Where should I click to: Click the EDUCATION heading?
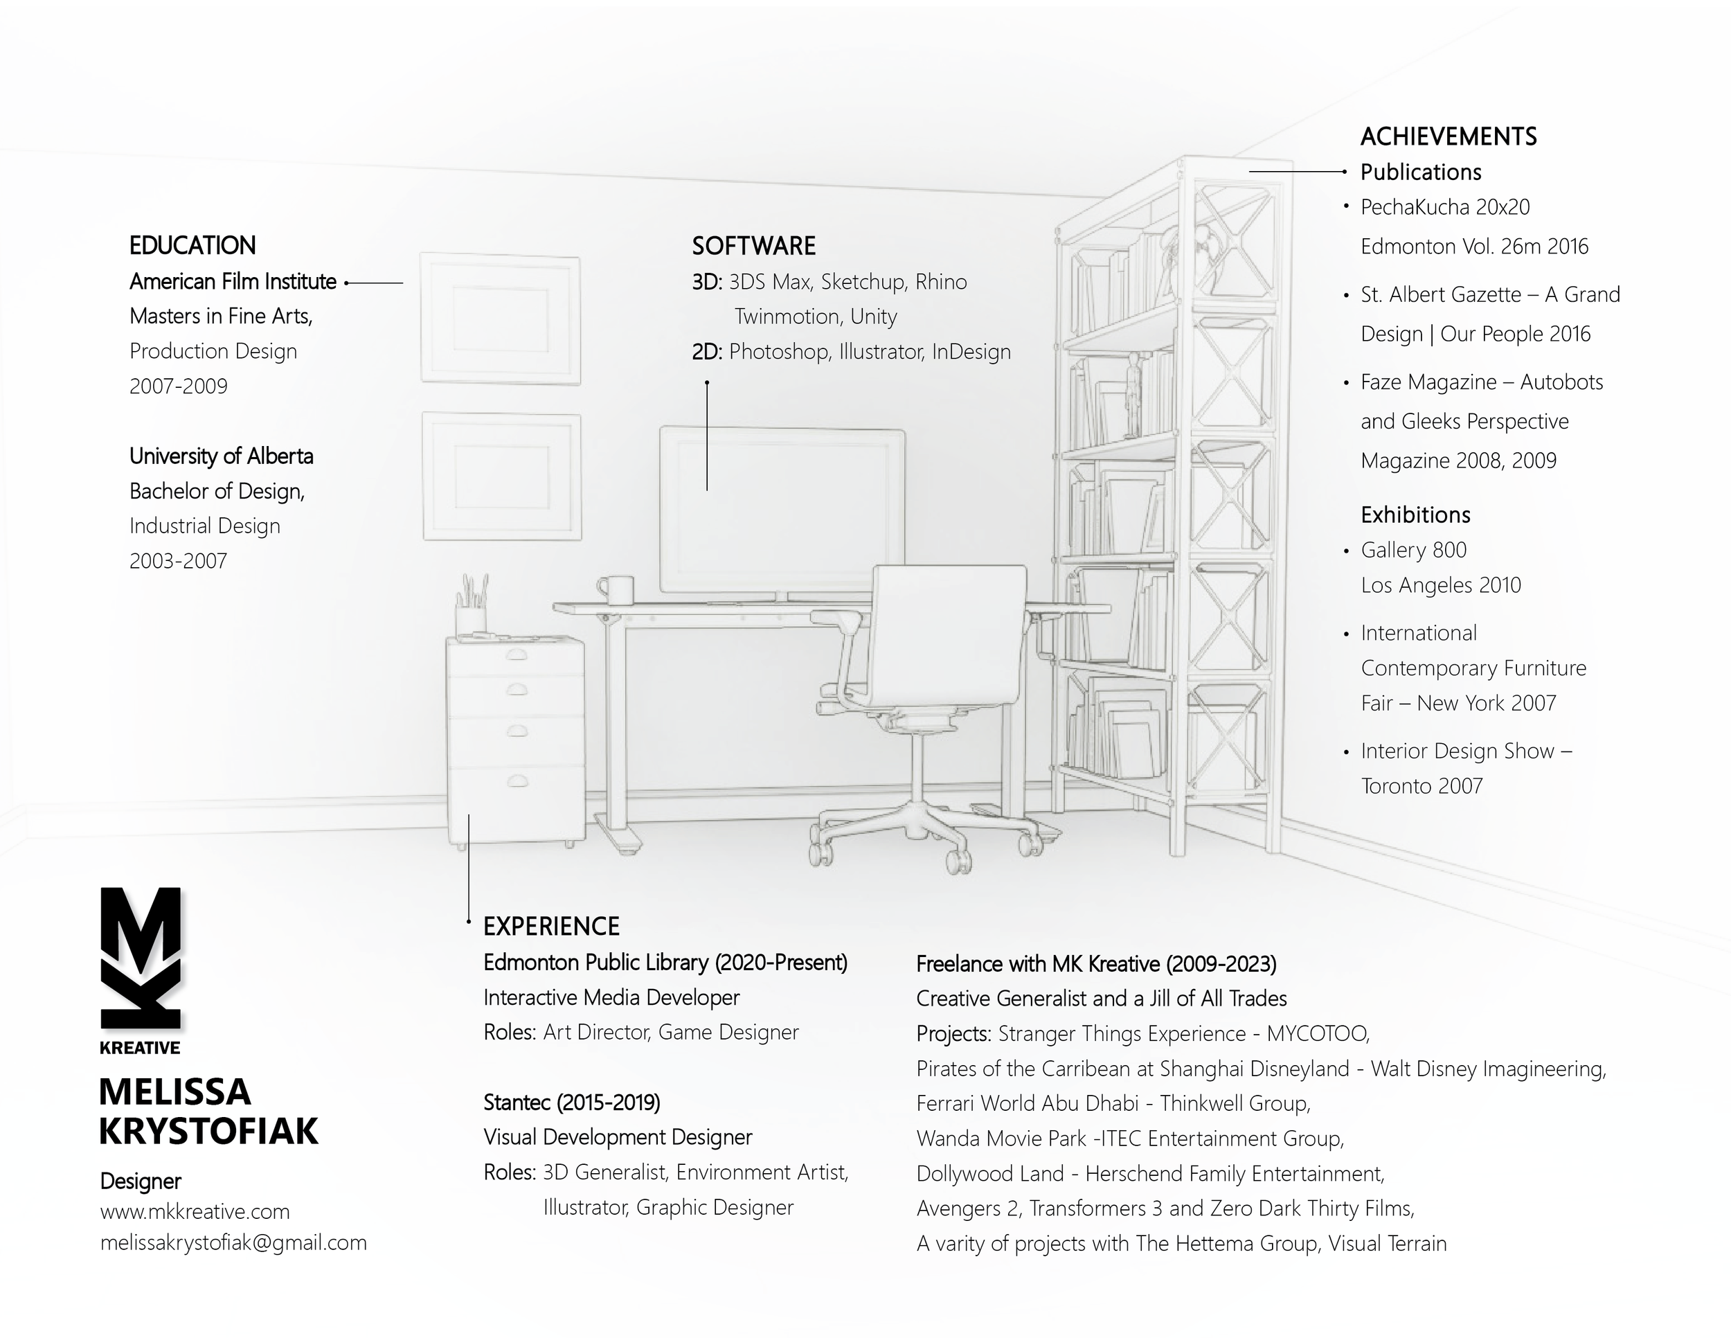click(192, 246)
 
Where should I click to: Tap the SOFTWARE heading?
click(754, 246)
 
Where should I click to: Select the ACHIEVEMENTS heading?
click(1448, 136)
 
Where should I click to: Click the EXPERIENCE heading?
click(552, 926)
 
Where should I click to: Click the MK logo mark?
click(141, 959)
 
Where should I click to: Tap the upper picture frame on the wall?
click(500, 319)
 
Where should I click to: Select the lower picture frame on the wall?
click(502, 476)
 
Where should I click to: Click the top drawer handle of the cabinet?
click(517, 654)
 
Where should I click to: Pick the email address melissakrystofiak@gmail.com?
click(233, 1242)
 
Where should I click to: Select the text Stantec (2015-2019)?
click(571, 1102)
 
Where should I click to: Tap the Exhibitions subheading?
click(1415, 515)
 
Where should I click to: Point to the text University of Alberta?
click(221, 456)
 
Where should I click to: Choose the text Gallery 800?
click(1413, 549)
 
